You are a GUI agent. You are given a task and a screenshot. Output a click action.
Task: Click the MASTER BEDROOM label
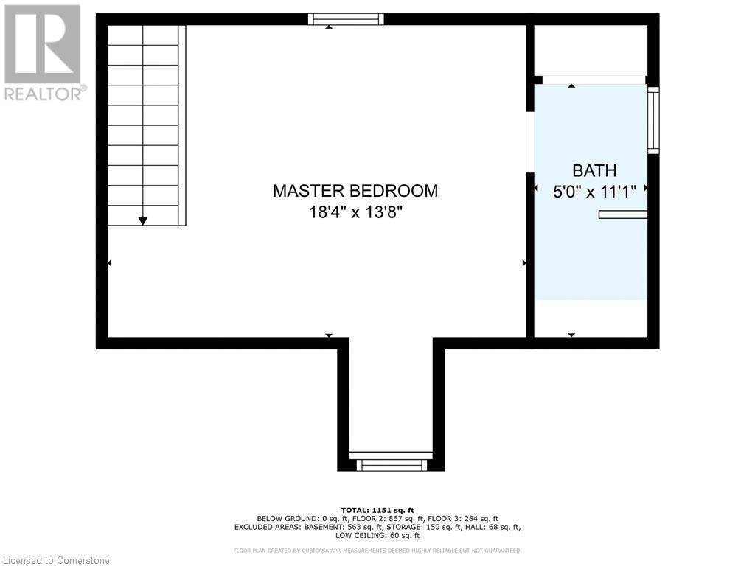point(355,191)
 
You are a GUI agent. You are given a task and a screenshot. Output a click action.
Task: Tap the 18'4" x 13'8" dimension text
point(355,214)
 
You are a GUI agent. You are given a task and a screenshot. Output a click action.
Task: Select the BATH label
point(594,171)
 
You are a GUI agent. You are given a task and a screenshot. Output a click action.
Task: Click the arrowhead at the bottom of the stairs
point(143,220)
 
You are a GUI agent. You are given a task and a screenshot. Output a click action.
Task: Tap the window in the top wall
point(346,19)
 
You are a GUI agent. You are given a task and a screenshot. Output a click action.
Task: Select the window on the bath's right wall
point(653,120)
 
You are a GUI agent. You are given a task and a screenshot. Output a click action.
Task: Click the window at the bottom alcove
point(392,464)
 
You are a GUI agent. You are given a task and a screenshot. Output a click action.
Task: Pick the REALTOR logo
point(44,52)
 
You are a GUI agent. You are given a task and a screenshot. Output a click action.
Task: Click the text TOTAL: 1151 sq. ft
point(377,510)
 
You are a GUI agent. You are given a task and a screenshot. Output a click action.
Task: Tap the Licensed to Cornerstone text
point(55,560)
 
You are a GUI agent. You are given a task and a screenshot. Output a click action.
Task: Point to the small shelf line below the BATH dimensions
point(623,214)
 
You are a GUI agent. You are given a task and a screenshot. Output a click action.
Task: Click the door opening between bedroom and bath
point(529,143)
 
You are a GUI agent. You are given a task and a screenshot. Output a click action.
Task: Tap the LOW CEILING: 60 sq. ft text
point(377,536)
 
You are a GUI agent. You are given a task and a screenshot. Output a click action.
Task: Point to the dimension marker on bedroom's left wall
point(110,263)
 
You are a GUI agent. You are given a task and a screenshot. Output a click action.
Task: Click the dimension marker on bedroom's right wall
point(523,263)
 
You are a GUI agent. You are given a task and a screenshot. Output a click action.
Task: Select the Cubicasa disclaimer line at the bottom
point(377,551)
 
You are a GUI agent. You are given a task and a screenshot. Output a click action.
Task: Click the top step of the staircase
point(143,35)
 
